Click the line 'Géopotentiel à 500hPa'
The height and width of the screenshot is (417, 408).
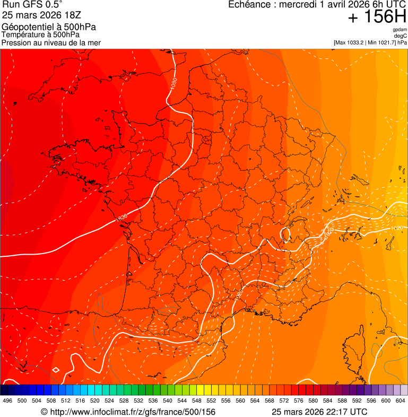(49, 27)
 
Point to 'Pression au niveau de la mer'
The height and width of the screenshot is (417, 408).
(51, 42)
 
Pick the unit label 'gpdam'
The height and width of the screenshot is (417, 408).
(400, 30)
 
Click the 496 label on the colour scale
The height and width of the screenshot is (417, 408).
(7, 401)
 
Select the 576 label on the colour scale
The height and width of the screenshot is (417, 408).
(299, 401)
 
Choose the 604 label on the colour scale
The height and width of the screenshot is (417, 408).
(401, 401)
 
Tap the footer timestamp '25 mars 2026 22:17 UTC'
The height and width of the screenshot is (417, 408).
(319, 412)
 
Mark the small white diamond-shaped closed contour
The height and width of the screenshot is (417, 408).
(55, 370)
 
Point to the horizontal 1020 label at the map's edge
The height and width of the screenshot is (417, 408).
(396, 228)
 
